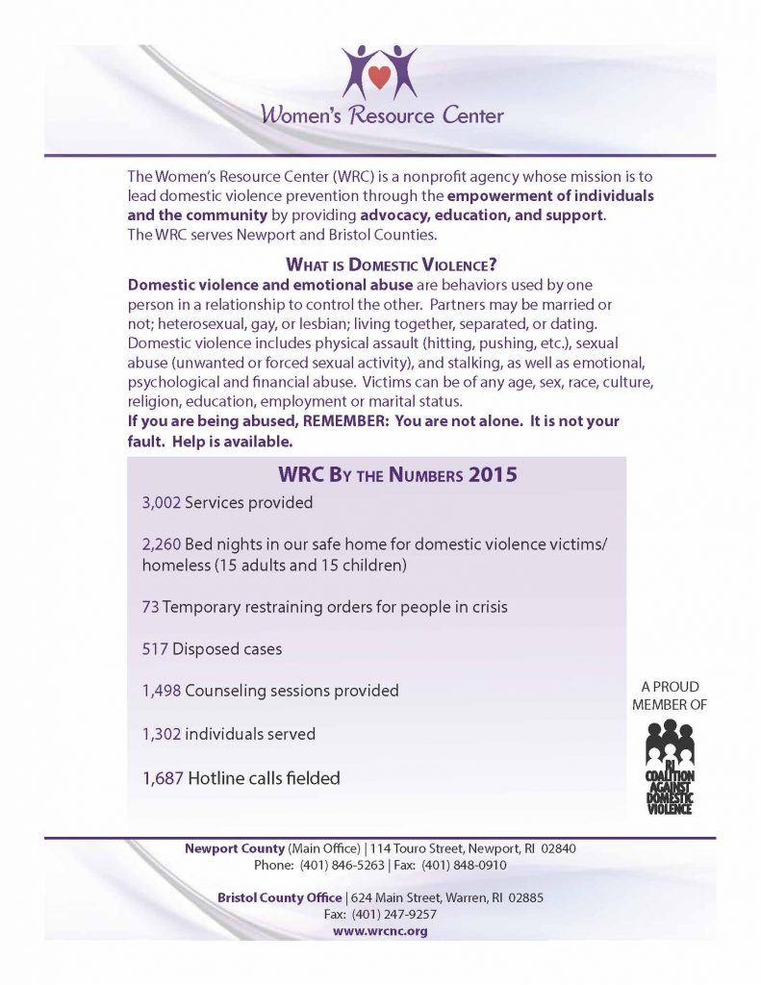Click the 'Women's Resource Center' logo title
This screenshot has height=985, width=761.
[381, 116]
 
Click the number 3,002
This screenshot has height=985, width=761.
[161, 502]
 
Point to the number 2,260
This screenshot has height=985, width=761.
[161, 544]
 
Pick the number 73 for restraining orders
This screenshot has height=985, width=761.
[150, 607]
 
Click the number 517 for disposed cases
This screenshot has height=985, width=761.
[155, 649]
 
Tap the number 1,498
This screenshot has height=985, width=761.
[161, 692]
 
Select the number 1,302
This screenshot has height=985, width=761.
[161, 734]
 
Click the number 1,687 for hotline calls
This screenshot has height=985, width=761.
[162, 777]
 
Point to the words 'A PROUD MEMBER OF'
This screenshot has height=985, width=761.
[669, 695]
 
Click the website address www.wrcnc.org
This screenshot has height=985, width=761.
[380, 931]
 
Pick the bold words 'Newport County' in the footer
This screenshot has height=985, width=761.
[235, 848]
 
